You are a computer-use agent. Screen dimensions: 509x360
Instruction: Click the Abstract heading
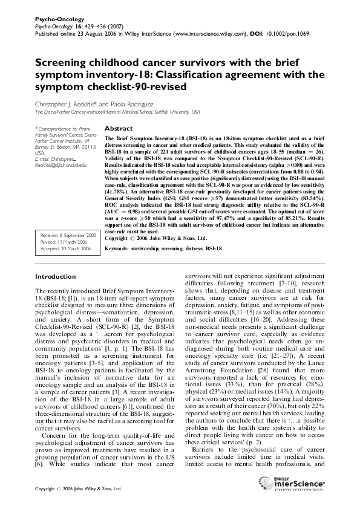coord(119,129)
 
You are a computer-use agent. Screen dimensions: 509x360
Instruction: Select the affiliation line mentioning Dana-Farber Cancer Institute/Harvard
coord(117,112)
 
